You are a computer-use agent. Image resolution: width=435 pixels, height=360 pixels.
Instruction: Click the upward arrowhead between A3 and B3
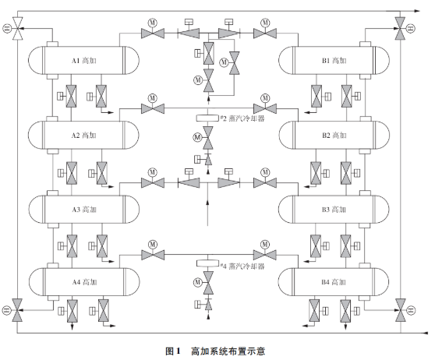point(207,203)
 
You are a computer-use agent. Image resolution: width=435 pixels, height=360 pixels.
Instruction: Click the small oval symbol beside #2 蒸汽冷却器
point(207,118)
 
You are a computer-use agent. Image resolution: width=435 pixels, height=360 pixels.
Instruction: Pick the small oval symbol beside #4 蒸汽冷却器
point(207,265)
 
